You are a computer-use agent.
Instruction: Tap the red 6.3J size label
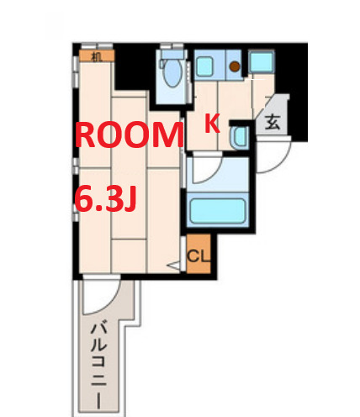[x=106, y=199]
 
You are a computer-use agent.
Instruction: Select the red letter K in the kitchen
[x=213, y=123]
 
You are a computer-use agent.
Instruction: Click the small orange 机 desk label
[x=97, y=56]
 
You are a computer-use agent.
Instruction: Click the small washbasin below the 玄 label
[x=238, y=137]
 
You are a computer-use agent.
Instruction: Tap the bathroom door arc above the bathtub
[x=207, y=172]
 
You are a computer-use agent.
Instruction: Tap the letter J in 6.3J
[x=130, y=199]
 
